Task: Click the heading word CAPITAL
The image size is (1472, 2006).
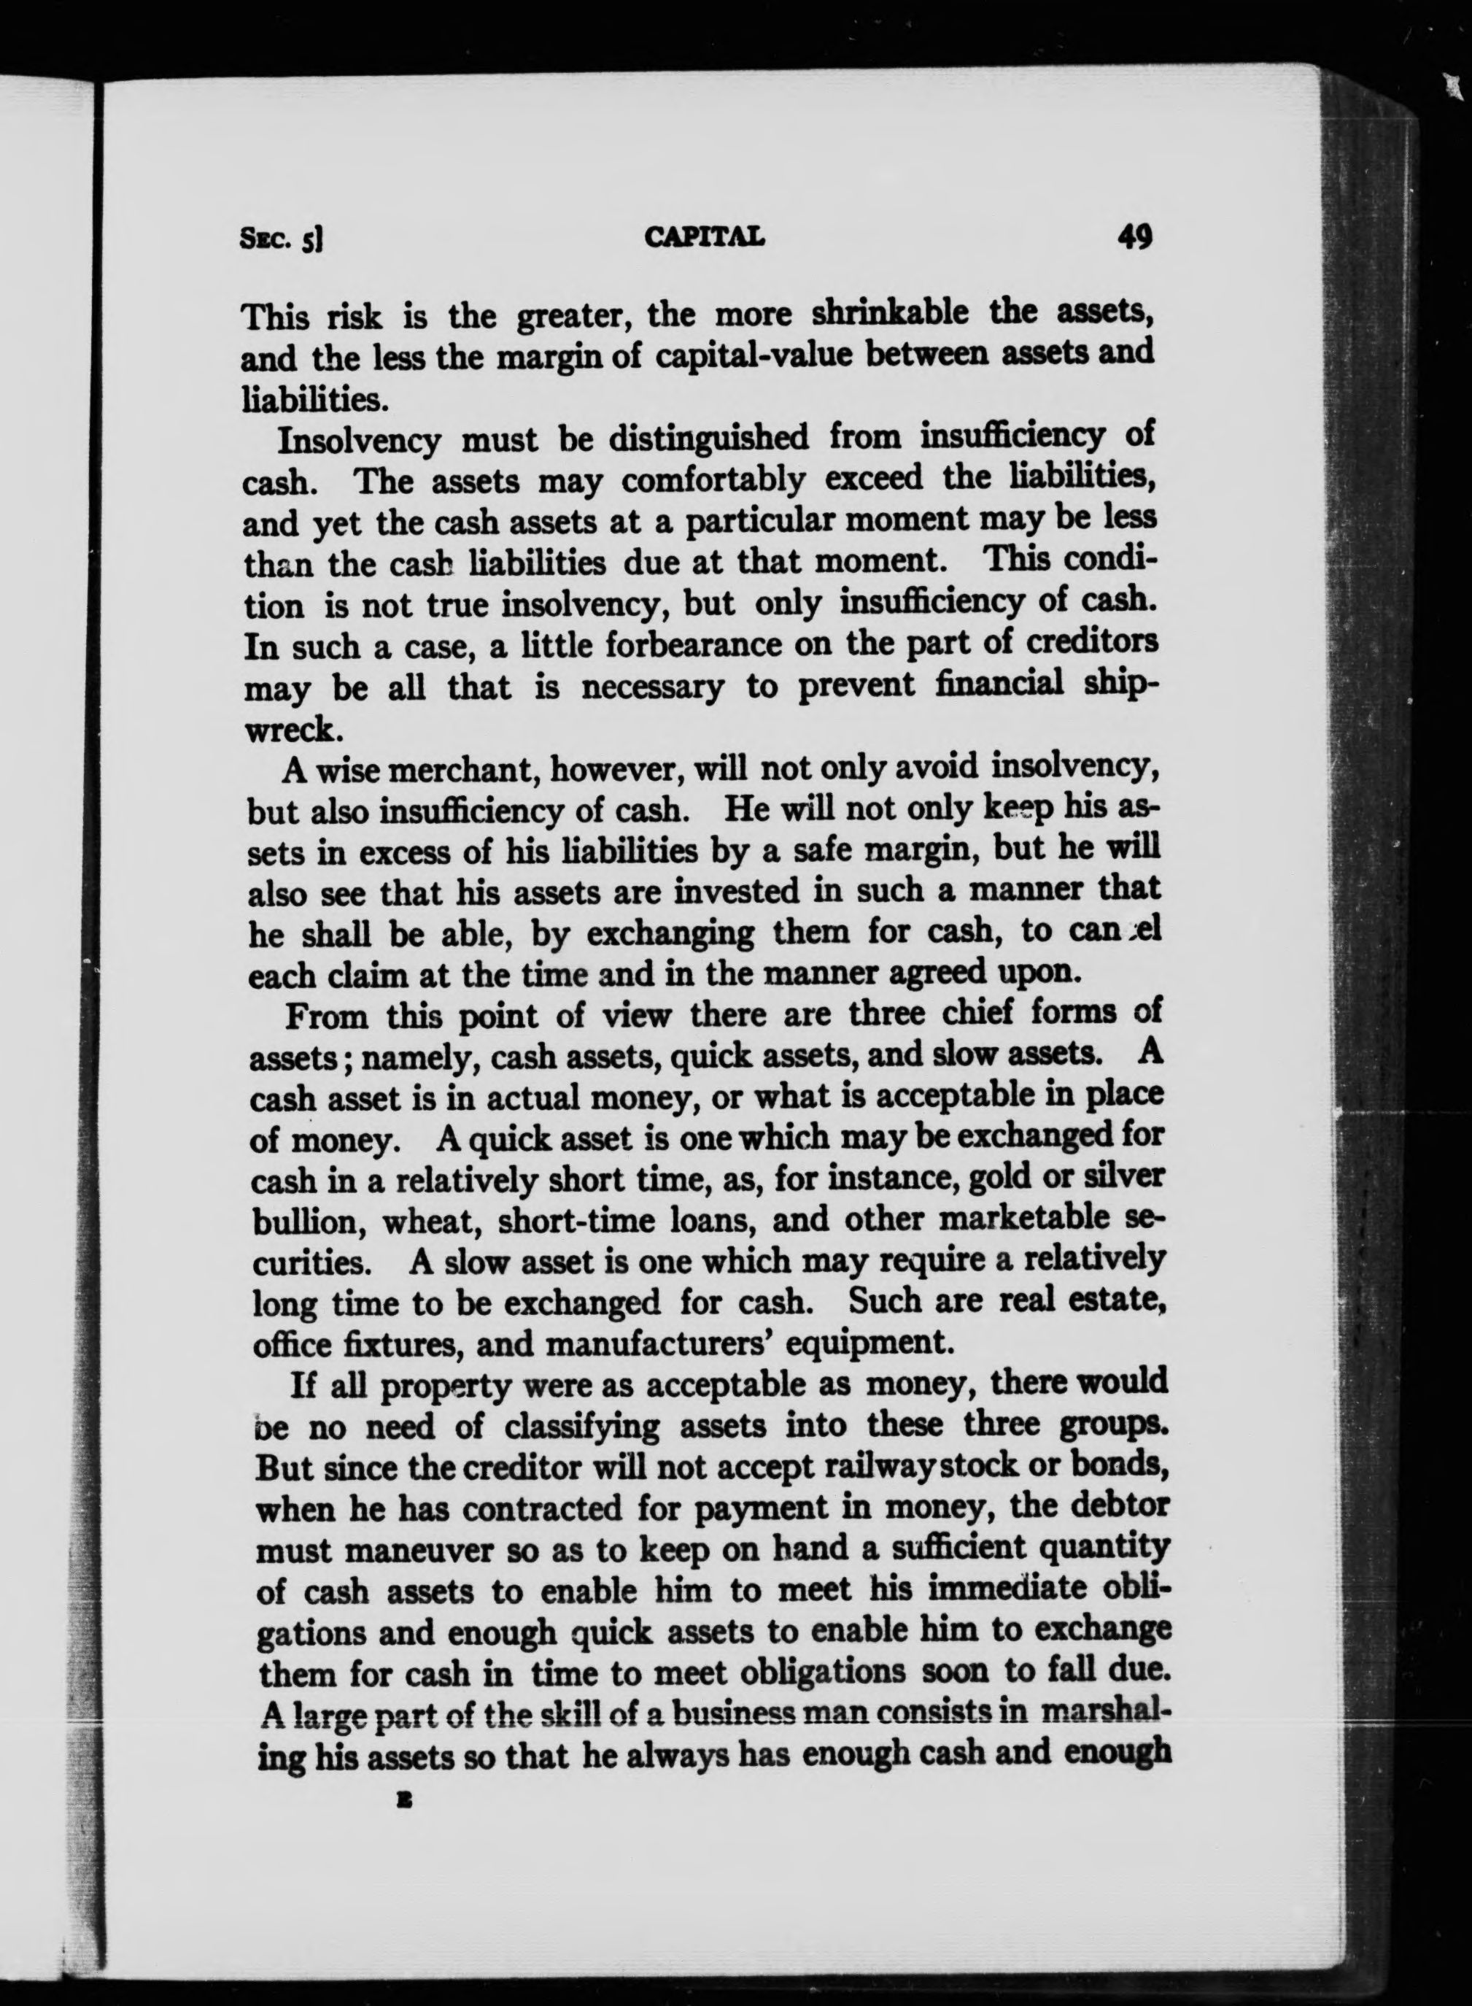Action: pyautogui.click(x=704, y=238)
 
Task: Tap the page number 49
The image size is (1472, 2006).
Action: pyautogui.click(x=1134, y=237)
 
